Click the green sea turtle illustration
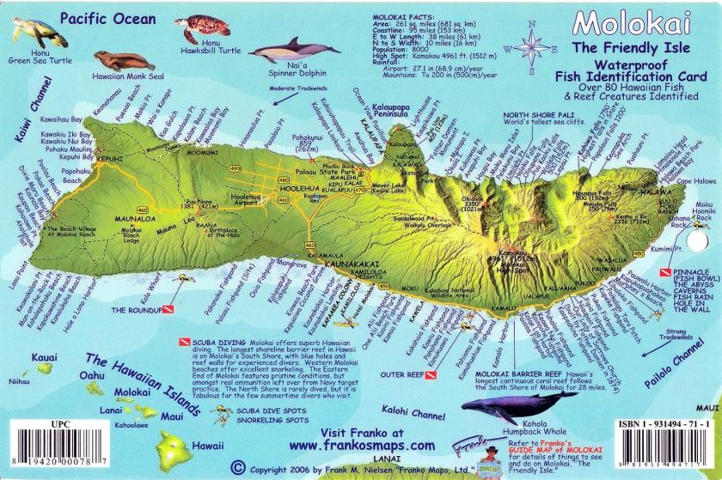coord(39,32)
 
